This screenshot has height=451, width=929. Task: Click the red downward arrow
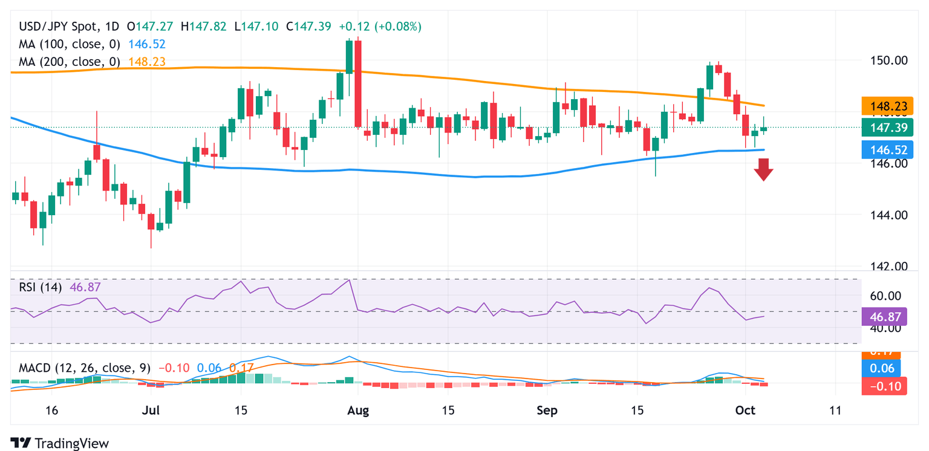click(x=764, y=169)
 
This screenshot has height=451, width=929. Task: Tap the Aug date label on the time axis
click(x=358, y=410)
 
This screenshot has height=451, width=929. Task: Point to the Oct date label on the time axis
click(x=745, y=410)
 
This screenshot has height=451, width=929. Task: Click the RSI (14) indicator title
click(x=40, y=288)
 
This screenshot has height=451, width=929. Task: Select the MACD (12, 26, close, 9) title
click(x=85, y=368)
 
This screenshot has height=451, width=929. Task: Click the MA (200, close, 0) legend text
click(x=70, y=62)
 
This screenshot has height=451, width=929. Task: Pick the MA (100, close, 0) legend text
click(x=70, y=44)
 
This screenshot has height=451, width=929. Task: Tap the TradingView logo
click(x=59, y=443)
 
